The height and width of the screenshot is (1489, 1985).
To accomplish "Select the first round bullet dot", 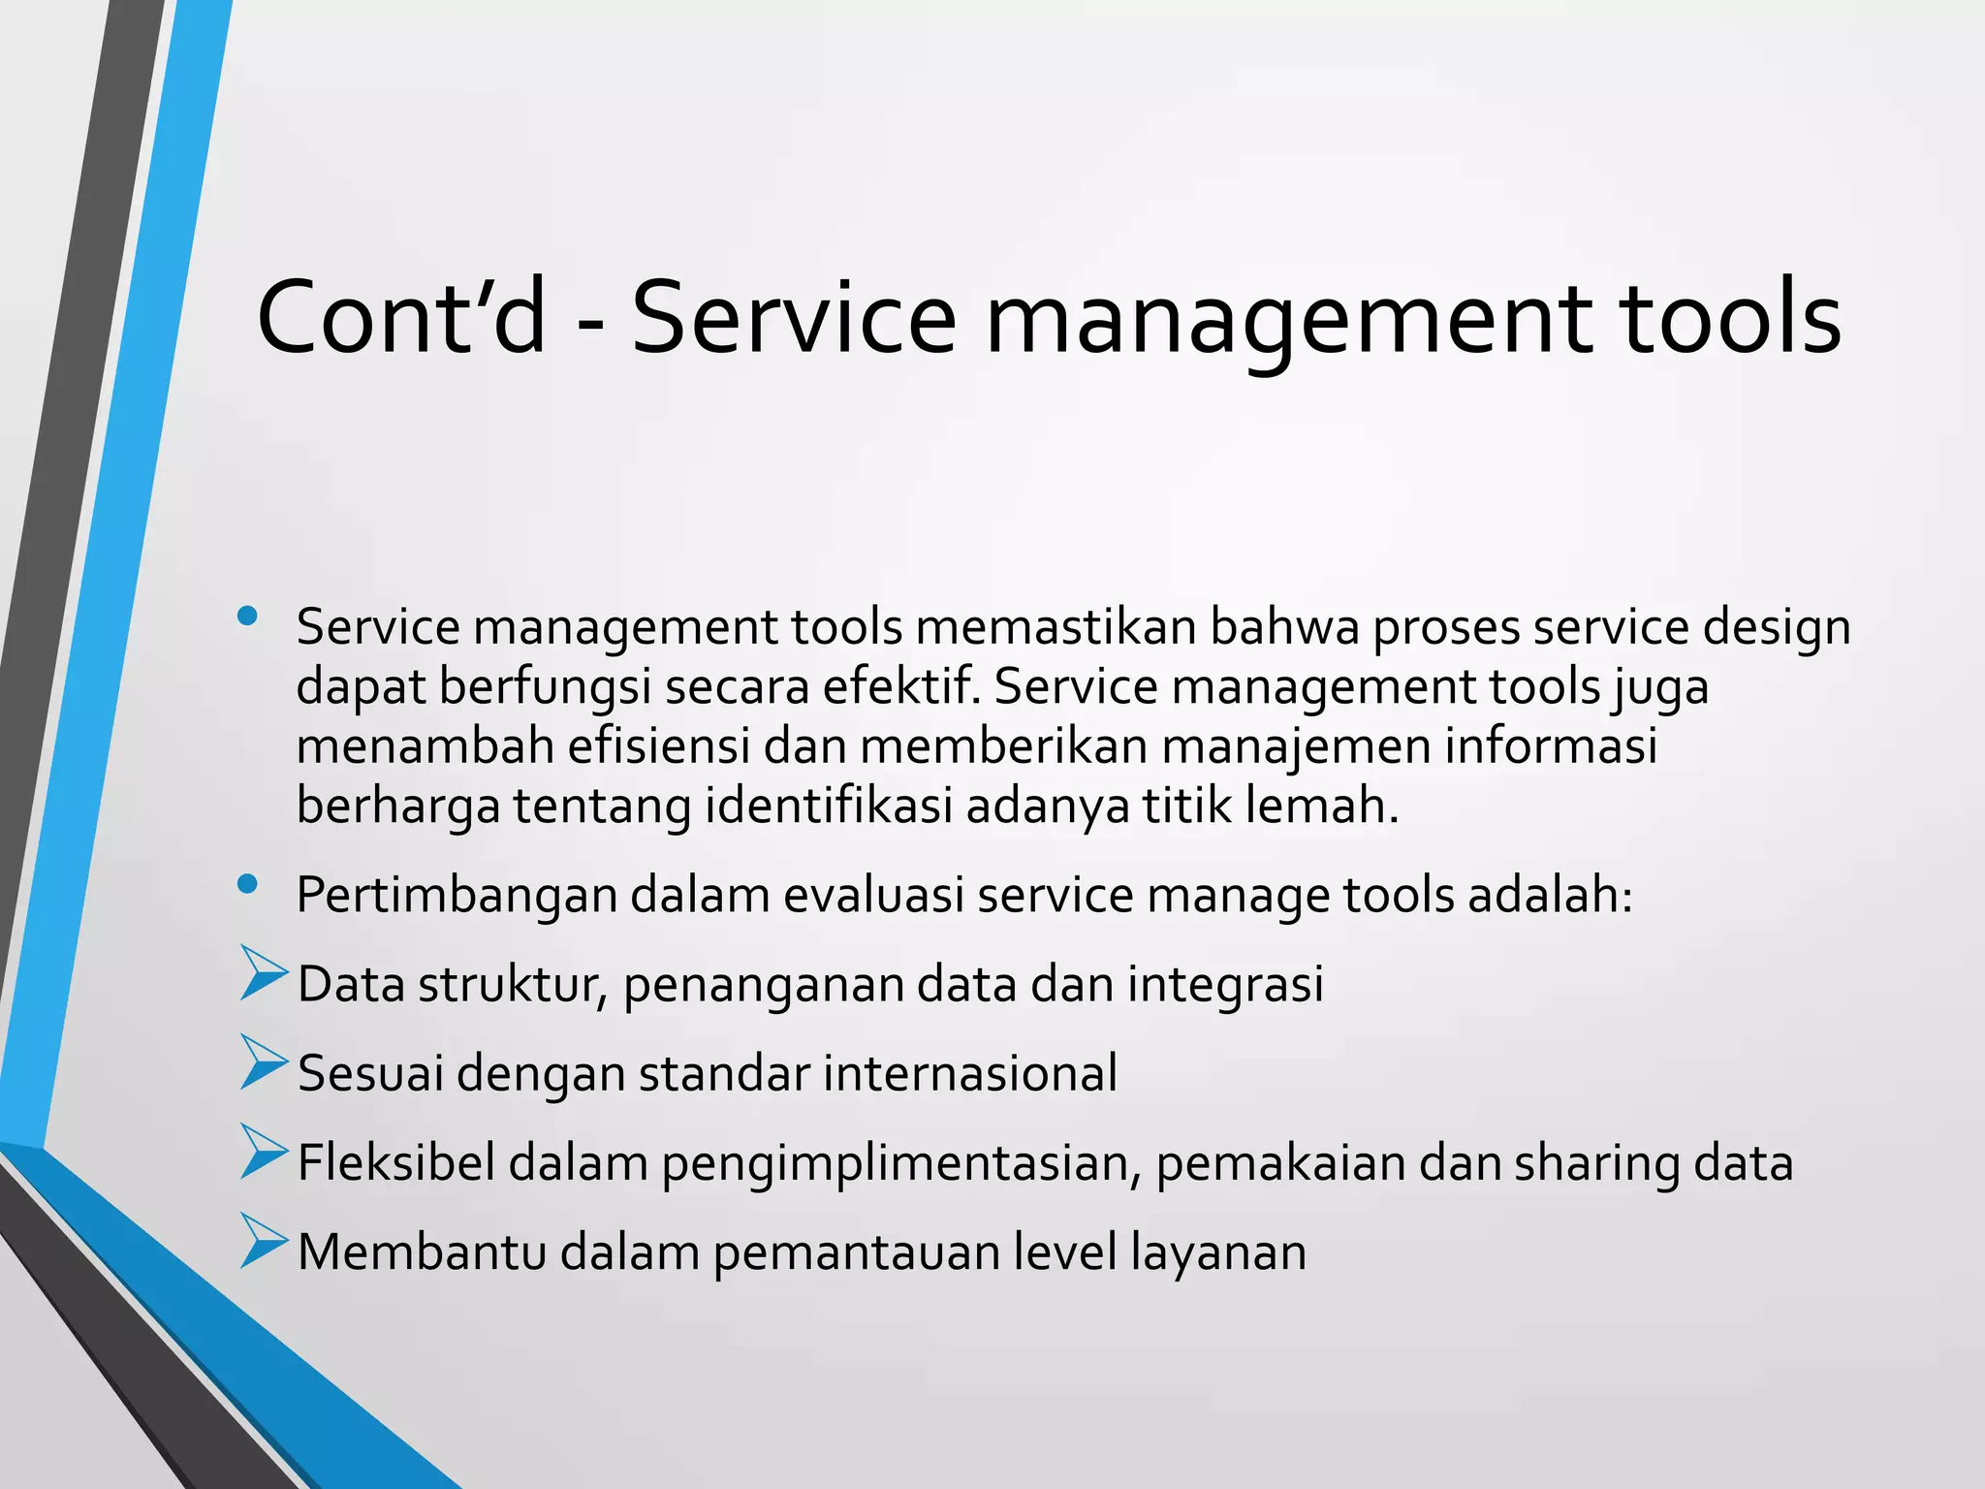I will click(247, 615).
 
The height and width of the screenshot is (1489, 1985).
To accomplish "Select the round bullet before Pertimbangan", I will click(247, 883).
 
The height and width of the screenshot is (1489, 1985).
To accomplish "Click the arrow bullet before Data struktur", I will click(263, 973).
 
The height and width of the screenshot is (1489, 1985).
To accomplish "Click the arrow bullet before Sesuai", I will click(263, 1062).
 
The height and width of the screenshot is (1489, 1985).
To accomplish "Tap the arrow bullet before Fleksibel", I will click(263, 1152).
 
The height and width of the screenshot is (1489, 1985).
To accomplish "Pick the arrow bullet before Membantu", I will click(263, 1241).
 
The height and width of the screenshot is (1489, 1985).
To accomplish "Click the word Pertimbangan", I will click(457, 895).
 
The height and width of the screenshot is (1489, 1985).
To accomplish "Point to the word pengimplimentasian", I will click(902, 1163).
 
